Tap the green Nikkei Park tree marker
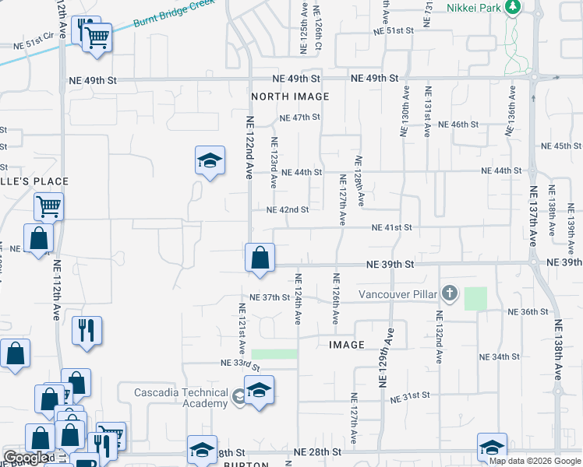coord(512,8)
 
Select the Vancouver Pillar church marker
coord(449,293)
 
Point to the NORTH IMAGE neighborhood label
coord(290,97)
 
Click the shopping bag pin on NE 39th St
coord(260,258)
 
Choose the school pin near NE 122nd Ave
coord(209,162)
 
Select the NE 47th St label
coord(300,118)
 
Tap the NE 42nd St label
coord(288,209)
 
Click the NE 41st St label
coord(391,227)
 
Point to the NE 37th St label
coord(270,297)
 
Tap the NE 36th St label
coord(528,311)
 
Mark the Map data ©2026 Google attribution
coord(535,461)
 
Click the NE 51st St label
coord(392,31)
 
